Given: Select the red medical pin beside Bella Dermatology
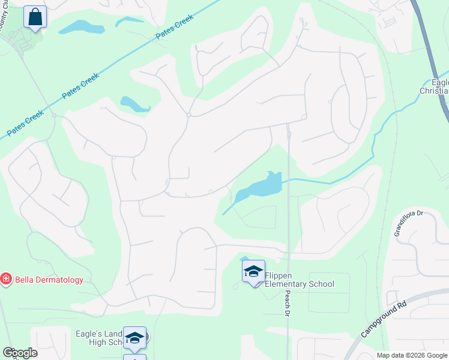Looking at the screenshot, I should (x=6, y=279).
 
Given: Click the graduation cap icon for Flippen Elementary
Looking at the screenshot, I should (x=253, y=272).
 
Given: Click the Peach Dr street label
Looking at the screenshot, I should (x=287, y=305).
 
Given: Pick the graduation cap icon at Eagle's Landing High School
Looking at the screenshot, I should (x=135, y=338).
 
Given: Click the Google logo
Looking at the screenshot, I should (x=19, y=353).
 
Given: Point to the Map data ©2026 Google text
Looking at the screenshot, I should (x=412, y=355).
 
